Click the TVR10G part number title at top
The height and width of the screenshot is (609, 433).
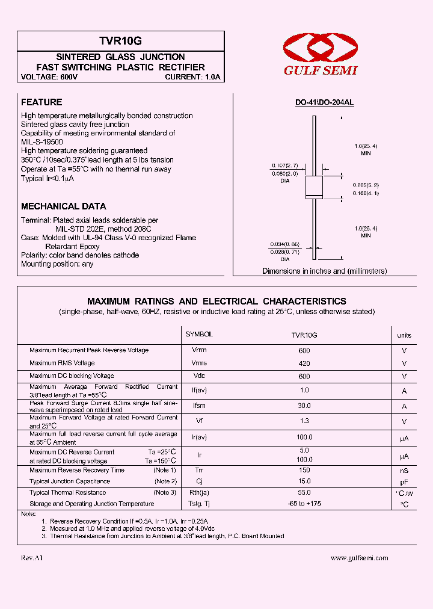click(x=120, y=41)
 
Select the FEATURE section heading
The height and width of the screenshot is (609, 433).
click(x=41, y=102)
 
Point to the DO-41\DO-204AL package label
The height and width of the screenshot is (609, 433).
click(x=324, y=103)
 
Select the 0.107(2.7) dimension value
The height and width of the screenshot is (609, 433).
click(x=284, y=165)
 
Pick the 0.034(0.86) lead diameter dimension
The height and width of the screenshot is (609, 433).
click(x=285, y=244)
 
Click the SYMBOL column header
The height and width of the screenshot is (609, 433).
click(x=199, y=334)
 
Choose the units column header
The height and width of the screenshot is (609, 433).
click(x=404, y=335)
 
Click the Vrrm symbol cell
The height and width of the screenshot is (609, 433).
click(x=199, y=350)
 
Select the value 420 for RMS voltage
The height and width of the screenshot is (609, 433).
click(x=304, y=363)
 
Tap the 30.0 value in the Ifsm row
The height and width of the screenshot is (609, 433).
click(x=304, y=406)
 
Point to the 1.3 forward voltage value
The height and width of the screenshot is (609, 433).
click(x=304, y=421)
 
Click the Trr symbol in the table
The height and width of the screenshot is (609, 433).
click(x=199, y=470)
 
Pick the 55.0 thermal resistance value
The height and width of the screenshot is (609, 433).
click(x=304, y=492)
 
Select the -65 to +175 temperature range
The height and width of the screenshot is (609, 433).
click(x=304, y=504)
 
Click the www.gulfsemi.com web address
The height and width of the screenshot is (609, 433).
click(x=360, y=558)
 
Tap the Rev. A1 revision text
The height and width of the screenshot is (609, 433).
click(x=32, y=558)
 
